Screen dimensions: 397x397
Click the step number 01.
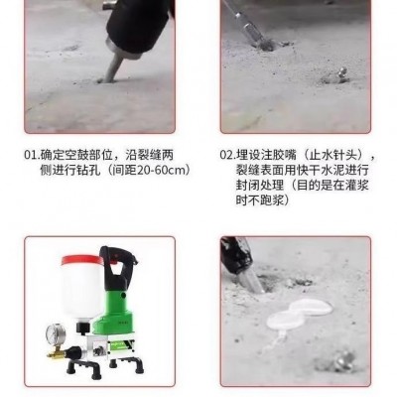point(32,155)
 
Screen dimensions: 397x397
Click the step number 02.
point(226,155)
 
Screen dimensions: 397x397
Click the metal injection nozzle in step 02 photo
point(340,73)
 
